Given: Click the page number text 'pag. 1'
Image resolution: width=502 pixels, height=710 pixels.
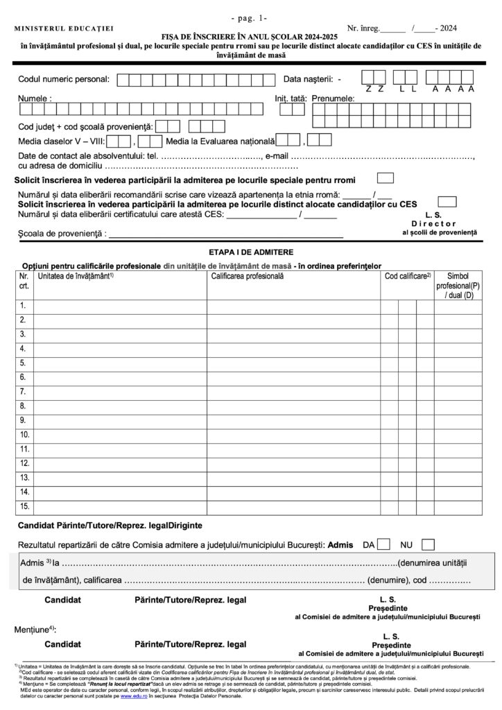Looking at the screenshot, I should (251, 16).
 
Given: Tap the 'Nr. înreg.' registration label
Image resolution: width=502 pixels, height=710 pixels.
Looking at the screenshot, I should (364, 28).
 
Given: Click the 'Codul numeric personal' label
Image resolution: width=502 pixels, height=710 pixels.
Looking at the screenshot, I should (64, 79).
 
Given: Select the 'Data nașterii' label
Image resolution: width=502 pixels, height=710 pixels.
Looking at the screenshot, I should (308, 79).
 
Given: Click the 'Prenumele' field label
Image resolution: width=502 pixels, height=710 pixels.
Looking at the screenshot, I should (332, 99).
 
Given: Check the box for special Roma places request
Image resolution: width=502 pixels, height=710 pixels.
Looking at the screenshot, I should (385, 178).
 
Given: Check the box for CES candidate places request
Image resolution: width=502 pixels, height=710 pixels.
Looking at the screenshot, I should (448, 201).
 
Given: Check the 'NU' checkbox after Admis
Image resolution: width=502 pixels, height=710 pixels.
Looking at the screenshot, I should (428, 544).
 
